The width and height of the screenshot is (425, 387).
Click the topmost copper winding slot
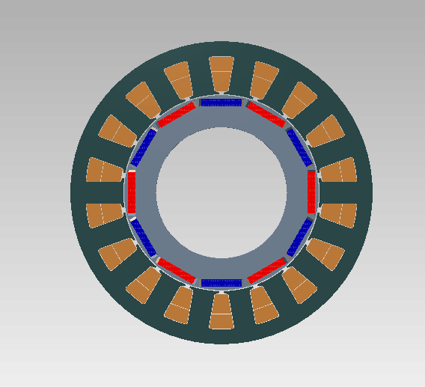pyautogui.click(x=221, y=73)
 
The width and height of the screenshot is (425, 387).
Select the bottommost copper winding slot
pyautogui.click(x=221, y=312)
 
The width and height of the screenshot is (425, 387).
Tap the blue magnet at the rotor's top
pyautogui.click(x=221, y=102)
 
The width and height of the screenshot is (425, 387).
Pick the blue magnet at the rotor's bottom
pyautogui.click(x=221, y=283)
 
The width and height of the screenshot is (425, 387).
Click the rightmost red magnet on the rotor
pyautogui.click(x=312, y=192)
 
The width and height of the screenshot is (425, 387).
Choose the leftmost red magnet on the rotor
pyautogui.click(x=132, y=192)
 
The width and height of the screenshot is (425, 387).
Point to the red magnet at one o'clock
pyautogui.click(x=266, y=115)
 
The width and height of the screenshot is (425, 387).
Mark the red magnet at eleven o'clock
pyautogui.click(x=177, y=115)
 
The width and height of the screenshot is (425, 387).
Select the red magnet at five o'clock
pyautogui.click(x=266, y=270)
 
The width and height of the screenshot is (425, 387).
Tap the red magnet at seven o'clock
pyautogui.click(x=177, y=270)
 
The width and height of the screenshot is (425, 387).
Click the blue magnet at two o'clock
pyautogui.click(x=299, y=147)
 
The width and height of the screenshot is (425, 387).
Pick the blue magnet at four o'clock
pyautogui.click(x=299, y=237)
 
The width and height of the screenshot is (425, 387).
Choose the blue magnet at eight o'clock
pyautogui.click(x=143, y=237)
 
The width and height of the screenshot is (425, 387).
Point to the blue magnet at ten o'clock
pyautogui.click(x=143, y=147)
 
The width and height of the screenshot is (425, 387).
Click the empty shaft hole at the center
pyautogui.click(x=221, y=192)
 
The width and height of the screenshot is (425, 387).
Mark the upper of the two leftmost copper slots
pyautogui.click(x=104, y=170)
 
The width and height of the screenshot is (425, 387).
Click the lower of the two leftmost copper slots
pyautogui.click(x=104, y=215)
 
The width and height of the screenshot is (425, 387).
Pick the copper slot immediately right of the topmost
pyautogui.click(x=264, y=78)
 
